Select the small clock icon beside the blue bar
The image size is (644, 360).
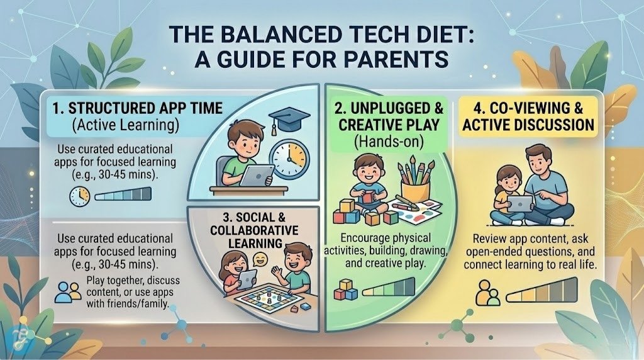[x=79, y=197]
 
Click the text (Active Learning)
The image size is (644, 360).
[x=125, y=125]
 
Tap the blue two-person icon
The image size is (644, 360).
[x=68, y=290]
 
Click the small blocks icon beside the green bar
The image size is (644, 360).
[x=345, y=291]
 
